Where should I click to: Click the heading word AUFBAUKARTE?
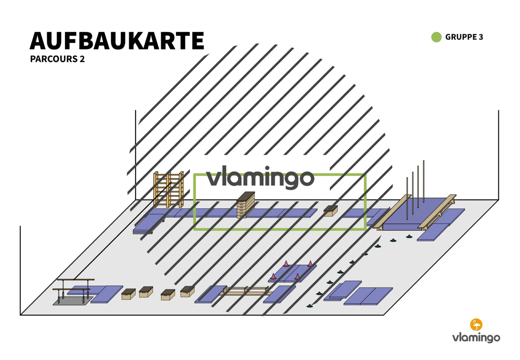point(117,41)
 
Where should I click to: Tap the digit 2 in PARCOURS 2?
point(82,59)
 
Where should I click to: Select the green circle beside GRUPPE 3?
point(436,37)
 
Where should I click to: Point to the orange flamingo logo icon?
point(476,324)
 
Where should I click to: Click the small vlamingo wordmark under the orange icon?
point(476,338)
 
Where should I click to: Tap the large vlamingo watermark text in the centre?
point(260,177)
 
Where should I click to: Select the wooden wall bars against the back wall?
point(169,189)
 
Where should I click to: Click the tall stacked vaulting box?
point(246,205)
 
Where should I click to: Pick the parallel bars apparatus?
point(73,290)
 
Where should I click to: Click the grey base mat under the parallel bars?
point(73,301)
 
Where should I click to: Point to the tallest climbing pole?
point(423,181)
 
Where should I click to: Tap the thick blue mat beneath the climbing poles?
point(416,214)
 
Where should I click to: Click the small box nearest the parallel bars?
point(128,294)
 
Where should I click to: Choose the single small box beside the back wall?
point(331,211)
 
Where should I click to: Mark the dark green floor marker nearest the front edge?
point(309,306)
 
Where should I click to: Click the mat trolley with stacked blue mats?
point(149,224)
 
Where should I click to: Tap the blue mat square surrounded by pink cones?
point(292,273)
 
